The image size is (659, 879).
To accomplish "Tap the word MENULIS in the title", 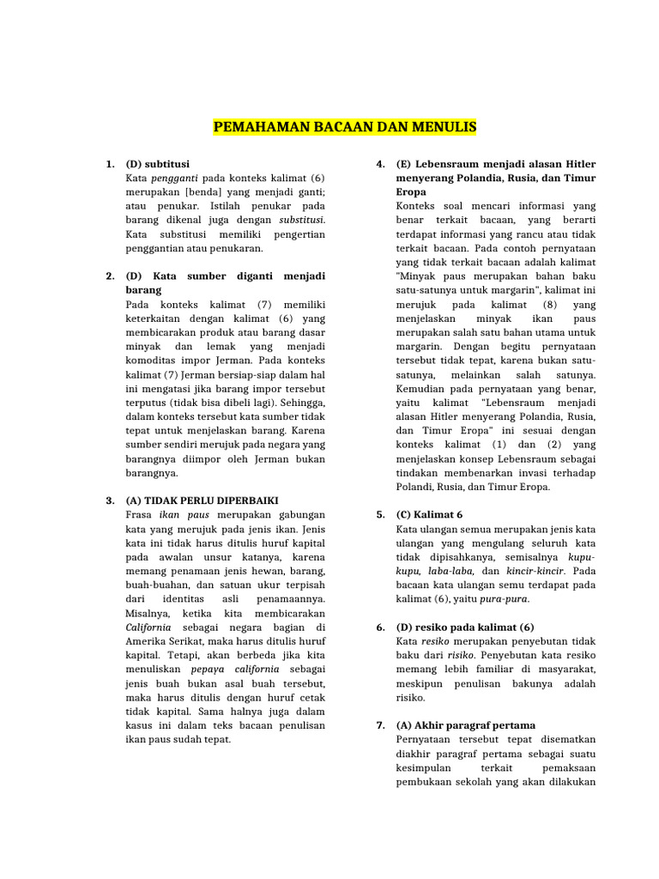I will coord(443,128).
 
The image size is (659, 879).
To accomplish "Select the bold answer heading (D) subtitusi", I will coord(158,163).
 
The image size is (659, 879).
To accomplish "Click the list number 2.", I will coord(110,276).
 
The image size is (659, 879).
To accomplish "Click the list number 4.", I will coord(380,163).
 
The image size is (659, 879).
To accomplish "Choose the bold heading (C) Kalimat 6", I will coord(429,514).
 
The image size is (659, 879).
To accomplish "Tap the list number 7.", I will coord(380,724).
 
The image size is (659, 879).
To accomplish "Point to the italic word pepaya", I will coord(208,669).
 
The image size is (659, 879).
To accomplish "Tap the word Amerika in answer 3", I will coord(146,640).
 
